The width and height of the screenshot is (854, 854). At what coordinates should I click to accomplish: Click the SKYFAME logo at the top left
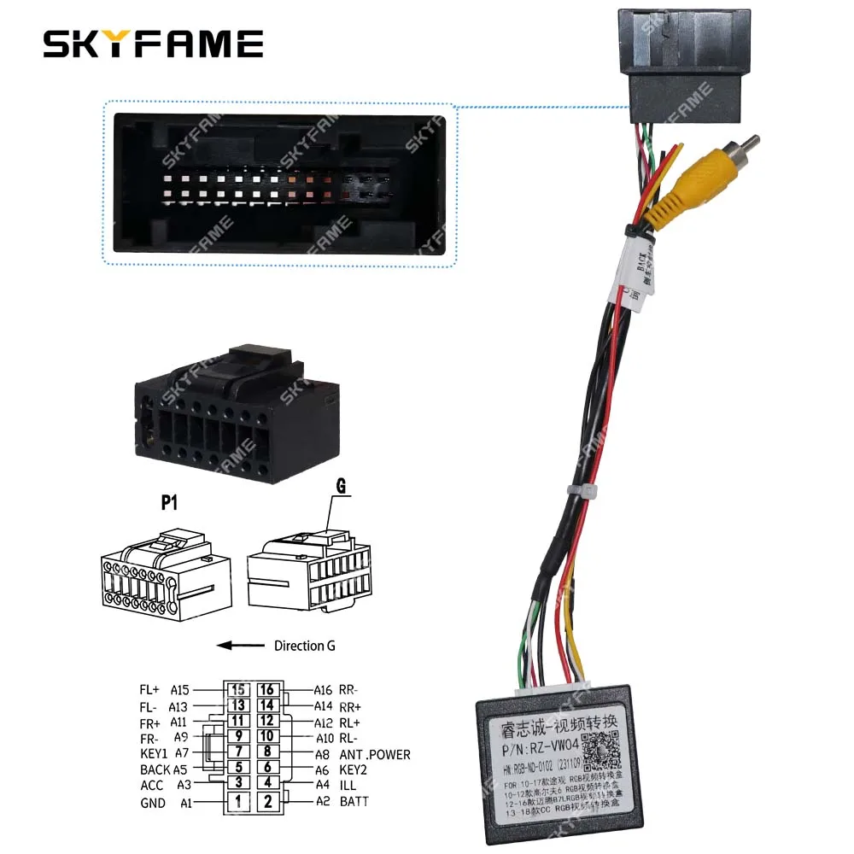[154, 44]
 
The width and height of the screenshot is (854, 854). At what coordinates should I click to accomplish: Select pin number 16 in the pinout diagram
[267, 690]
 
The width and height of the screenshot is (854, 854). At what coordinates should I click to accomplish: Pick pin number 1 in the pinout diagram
[240, 801]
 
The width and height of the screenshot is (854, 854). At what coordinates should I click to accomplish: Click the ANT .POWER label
[375, 754]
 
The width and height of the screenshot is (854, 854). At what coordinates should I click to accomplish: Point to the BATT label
[354, 801]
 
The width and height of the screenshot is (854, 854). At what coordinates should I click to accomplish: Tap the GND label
[153, 803]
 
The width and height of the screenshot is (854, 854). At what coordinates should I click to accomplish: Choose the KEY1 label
[154, 753]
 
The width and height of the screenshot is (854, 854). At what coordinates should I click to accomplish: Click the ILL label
[348, 784]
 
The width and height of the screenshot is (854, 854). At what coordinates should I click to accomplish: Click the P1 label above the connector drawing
[169, 503]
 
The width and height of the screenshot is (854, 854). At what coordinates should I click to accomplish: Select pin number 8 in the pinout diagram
[267, 752]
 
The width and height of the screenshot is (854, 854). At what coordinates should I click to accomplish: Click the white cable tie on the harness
[588, 493]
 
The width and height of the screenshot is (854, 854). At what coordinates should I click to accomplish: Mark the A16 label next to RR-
[323, 690]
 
